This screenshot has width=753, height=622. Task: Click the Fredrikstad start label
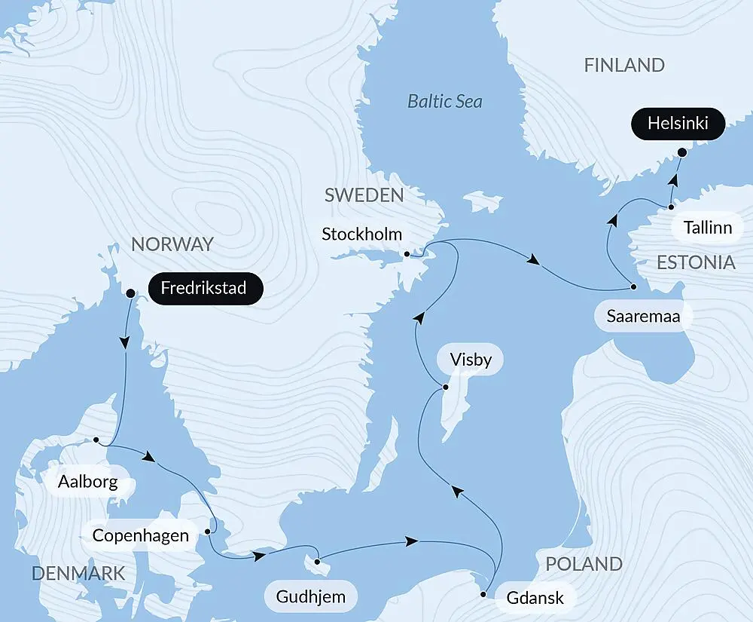click(205, 289)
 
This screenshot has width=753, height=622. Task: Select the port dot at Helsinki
click(681, 152)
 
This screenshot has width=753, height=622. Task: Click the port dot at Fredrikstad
click(130, 293)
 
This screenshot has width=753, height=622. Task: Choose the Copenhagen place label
click(140, 536)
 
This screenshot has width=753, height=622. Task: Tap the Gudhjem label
click(310, 598)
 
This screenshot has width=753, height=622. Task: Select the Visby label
click(470, 360)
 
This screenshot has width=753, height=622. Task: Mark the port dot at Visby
click(445, 388)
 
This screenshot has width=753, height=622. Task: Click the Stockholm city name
click(362, 234)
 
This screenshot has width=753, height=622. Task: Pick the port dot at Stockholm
click(407, 254)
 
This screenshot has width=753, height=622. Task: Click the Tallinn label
click(707, 227)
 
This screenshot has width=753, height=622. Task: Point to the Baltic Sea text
click(445, 101)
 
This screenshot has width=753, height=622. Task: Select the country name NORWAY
click(172, 244)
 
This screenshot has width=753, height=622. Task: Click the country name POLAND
click(584, 564)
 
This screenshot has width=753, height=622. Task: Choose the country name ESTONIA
click(696, 262)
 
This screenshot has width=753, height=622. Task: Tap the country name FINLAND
click(624, 66)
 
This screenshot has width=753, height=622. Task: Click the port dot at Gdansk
click(483, 596)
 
